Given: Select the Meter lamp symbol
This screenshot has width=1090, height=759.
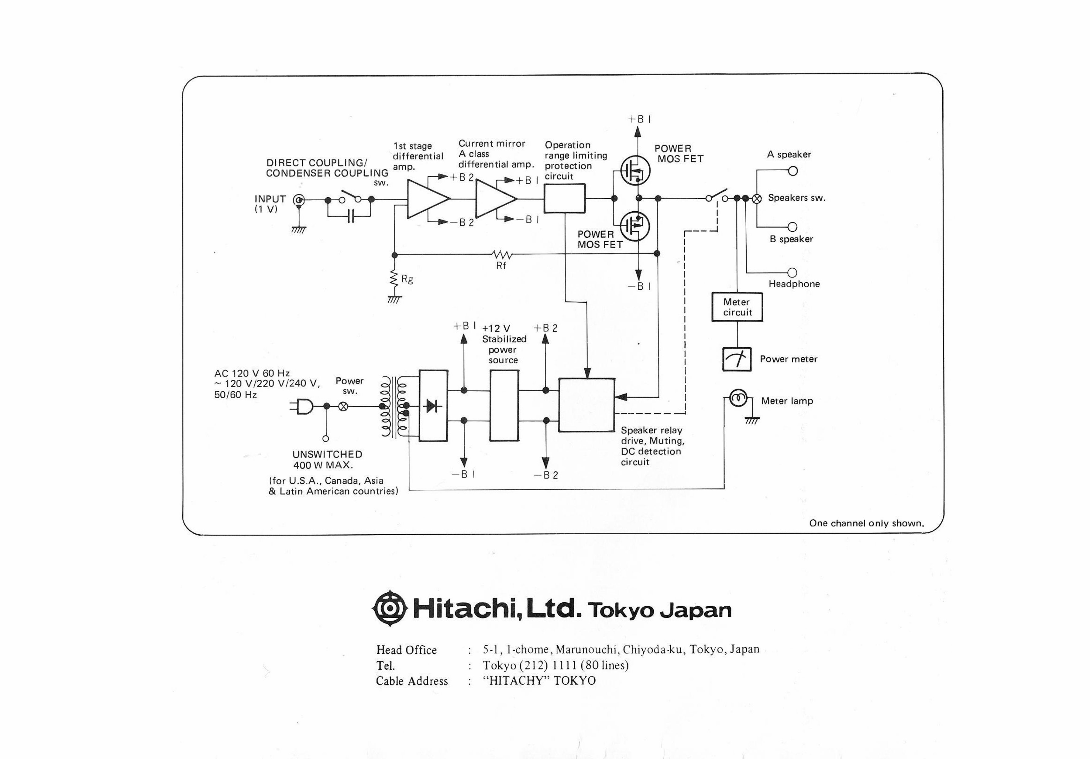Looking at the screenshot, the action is coord(738,398).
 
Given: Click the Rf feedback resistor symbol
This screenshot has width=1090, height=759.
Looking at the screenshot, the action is coord(502,255).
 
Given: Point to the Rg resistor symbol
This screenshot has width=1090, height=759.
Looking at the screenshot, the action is coord(394,278).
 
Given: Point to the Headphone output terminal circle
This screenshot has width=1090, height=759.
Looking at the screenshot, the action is coord(792,273).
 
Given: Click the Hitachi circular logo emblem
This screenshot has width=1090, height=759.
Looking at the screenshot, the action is coord(390,609).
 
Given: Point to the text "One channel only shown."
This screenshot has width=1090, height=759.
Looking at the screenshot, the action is coord(866,523).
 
